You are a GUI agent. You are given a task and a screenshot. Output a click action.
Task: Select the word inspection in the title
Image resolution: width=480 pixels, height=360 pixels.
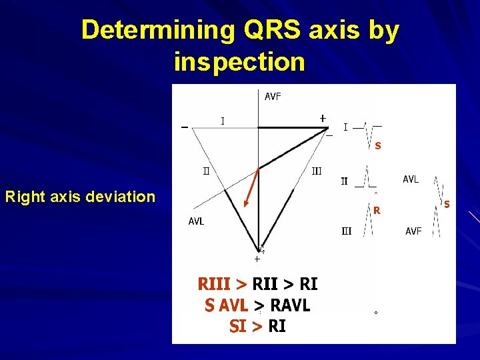239,62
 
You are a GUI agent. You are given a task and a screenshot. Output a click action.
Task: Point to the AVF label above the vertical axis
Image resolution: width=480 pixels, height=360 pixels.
273,97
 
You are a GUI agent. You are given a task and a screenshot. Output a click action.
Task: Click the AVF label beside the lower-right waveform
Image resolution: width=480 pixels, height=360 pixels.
413,231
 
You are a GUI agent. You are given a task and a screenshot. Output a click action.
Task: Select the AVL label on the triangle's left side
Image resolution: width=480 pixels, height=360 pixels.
196,221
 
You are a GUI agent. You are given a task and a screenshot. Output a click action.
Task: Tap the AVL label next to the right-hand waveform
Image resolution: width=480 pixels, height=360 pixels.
411,179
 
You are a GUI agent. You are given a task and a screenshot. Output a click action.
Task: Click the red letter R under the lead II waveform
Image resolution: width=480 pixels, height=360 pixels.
377,211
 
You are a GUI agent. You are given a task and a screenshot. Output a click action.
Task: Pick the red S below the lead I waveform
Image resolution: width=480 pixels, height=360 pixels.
378,145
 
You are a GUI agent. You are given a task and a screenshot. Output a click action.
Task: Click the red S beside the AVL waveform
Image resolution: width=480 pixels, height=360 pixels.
447,203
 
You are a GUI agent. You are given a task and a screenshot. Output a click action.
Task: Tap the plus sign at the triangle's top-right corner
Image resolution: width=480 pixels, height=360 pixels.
323,118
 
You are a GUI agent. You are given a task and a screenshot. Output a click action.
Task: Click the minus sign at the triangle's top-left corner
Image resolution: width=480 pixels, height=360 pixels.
184,128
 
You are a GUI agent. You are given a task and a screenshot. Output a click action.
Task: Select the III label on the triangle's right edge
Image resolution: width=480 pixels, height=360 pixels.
317,171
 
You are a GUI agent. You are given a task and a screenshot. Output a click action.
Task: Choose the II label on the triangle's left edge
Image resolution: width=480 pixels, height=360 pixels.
207,170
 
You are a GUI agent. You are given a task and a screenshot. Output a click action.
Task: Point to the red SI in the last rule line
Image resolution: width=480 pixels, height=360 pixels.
237,327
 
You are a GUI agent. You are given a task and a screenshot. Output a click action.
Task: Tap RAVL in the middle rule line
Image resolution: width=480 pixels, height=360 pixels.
288,306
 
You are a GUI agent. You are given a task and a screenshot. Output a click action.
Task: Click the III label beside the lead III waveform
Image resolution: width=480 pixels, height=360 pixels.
347,231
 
